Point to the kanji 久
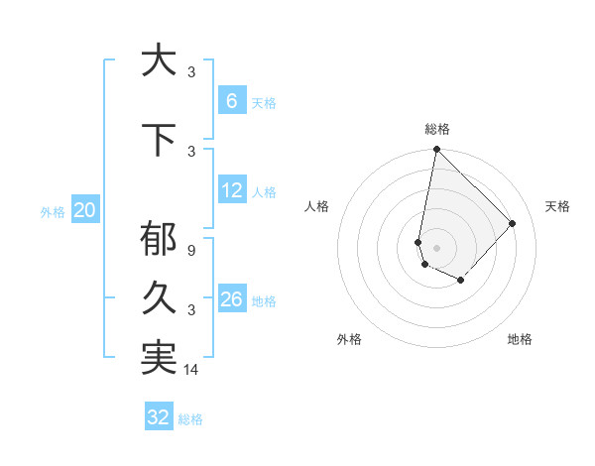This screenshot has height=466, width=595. [159, 298]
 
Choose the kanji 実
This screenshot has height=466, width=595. [159, 358]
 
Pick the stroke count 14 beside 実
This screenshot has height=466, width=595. [192, 371]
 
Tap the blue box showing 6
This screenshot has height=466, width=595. [231, 100]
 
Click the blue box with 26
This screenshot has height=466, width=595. [231, 298]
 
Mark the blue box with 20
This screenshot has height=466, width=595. [85, 209]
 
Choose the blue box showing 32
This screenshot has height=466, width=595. [159, 417]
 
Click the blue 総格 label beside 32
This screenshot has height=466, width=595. [190, 419]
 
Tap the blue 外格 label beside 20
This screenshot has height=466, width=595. [53, 211]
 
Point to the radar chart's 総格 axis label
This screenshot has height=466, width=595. [437, 129]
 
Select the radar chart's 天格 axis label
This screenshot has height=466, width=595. [557, 206]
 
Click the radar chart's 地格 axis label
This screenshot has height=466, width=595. [520, 339]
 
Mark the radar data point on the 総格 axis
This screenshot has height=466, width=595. [436, 150]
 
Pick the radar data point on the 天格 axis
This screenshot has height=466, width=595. [512, 223]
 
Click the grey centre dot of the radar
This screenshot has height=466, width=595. [436, 247]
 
